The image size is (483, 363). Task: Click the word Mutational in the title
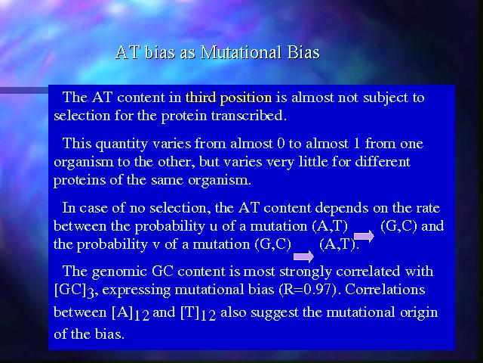241,52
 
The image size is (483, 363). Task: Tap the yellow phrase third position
229,98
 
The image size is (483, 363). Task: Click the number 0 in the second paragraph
281,144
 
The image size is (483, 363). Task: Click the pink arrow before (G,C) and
364,237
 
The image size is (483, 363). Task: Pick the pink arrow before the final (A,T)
303,256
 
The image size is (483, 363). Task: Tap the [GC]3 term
75,290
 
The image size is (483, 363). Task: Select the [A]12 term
131,313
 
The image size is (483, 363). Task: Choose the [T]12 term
198,313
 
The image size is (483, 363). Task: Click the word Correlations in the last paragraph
385,290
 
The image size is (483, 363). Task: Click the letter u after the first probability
213,227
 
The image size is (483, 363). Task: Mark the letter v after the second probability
156,245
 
